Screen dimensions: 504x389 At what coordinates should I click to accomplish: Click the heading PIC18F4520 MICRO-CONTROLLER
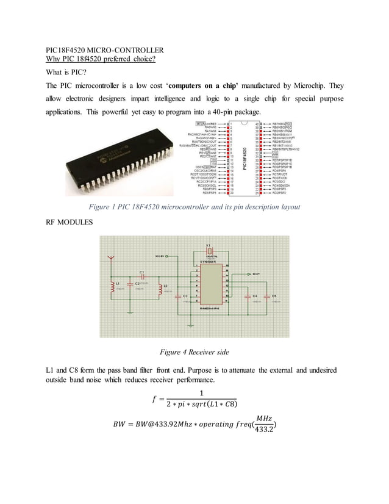coord(104,50)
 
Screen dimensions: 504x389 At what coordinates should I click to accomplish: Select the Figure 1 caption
coord(194,207)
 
